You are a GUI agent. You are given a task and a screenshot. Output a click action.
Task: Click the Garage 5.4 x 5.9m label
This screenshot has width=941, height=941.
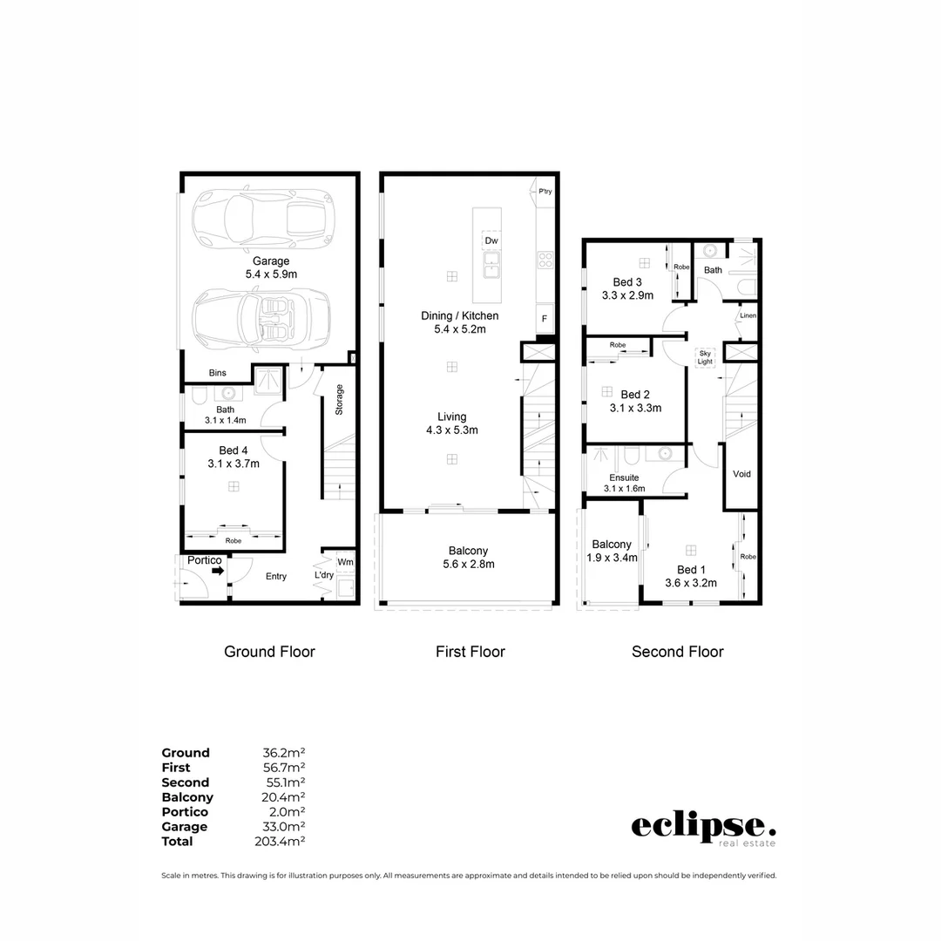click(x=270, y=267)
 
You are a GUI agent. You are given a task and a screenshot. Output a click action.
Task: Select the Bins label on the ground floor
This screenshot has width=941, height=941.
click(x=217, y=373)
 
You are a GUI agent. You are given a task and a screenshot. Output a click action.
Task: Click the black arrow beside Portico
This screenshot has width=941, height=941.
click(x=217, y=572)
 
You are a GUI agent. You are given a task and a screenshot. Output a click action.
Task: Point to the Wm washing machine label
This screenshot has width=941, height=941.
click(x=346, y=562)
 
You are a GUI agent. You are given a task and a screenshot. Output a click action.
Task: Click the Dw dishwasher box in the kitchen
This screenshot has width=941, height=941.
click(x=491, y=240)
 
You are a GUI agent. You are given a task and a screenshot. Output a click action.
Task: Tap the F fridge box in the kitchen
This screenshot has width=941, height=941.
click(x=545, y=318)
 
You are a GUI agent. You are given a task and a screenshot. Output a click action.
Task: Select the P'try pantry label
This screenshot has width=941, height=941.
click(x=545, y=192)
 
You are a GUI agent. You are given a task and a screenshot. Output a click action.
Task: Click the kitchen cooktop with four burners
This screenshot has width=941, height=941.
click(x=545, y=259)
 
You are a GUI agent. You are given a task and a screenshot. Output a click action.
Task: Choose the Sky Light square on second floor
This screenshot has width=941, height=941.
click(x=704, y=356)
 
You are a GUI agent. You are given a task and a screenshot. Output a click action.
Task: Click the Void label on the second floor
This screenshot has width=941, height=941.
click(x=741, y=474)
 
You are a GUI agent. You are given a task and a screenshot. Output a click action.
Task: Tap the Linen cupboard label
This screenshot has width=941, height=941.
click(x=748, y=315)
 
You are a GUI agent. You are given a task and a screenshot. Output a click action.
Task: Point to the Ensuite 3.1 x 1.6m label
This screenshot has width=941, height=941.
click(x=624, y=483)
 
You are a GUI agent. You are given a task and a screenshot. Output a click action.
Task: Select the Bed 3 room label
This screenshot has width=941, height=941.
click(x=627, y=288)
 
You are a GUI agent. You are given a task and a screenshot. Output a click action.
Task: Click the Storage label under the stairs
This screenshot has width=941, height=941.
click(x=339, y=400)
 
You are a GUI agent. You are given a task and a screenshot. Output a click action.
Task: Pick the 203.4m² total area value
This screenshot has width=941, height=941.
click(x=283, y=842)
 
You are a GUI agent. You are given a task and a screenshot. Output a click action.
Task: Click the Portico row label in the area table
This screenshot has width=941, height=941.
click(x=185, y=812)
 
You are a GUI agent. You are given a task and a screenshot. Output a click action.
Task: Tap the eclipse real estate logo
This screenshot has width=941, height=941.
click(x=702, y=829)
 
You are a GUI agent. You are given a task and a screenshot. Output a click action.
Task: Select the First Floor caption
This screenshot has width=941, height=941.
click(x=470, y=652)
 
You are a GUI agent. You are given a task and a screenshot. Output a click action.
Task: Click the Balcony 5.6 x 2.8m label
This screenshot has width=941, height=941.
click(x=468, y=557)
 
